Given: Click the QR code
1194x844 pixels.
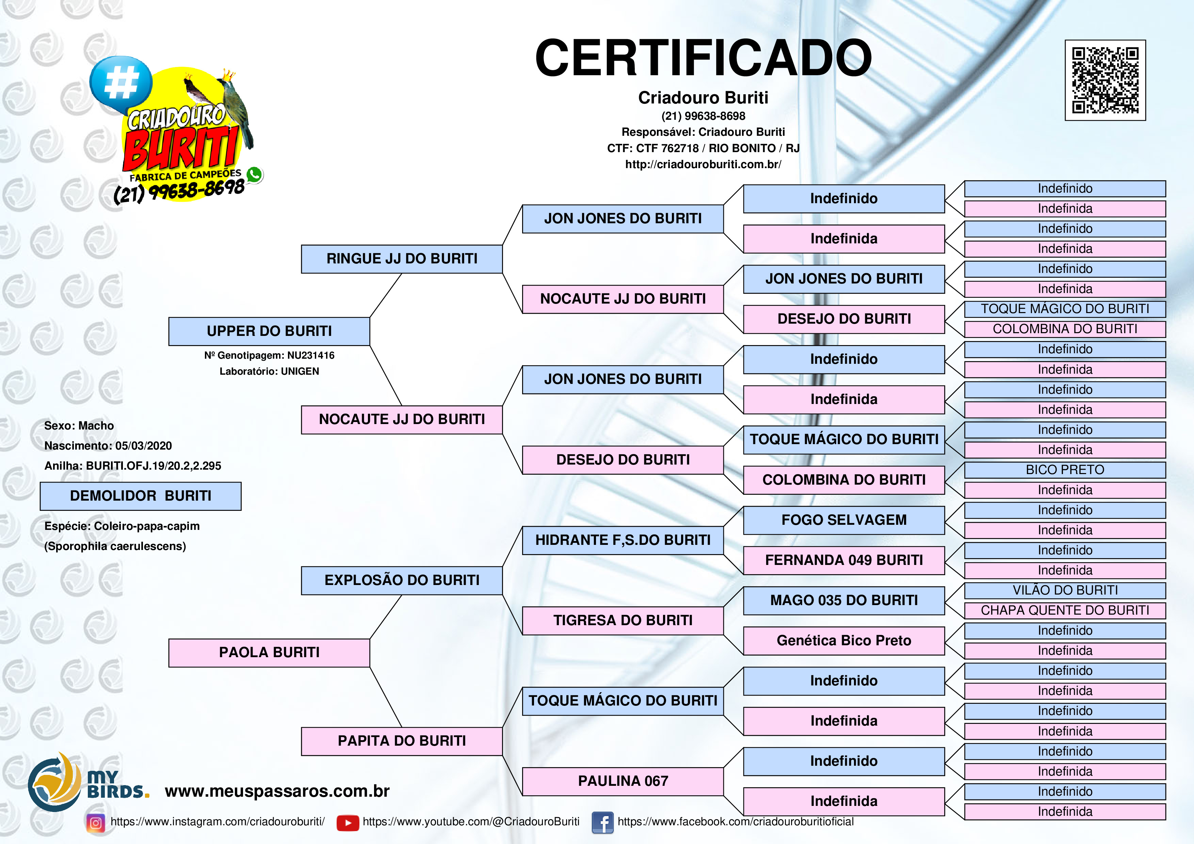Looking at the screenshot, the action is point(1105,80).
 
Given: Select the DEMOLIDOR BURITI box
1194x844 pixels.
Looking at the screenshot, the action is point(141,496).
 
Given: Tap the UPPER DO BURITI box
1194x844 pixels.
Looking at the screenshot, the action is point(269,331).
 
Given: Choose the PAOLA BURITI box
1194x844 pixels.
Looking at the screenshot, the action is point(269,653).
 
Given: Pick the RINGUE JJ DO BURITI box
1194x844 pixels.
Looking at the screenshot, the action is point(402,259).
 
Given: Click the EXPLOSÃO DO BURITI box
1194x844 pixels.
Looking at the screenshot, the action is point(402,580).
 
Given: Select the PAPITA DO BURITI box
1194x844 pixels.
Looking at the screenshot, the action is point(402,741).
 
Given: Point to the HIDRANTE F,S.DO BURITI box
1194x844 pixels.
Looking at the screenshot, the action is point(623,540).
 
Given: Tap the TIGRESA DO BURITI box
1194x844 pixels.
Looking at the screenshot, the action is point(623,620).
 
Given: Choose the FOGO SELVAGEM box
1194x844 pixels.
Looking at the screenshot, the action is point(844,520).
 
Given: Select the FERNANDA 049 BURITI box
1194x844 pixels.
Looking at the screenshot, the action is point(844,560).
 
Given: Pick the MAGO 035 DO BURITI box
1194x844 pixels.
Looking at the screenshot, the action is point(844,601).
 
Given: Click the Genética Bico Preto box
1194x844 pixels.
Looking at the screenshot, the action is point(844,641).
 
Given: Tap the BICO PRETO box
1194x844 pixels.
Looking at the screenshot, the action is point(1065,470).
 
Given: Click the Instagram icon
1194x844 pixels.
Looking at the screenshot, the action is point(96,823).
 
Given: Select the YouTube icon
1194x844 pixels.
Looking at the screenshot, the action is point(348,823).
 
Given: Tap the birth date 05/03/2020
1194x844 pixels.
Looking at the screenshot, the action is point(144,446).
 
